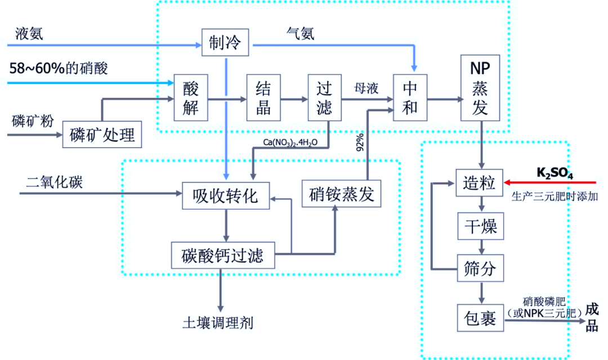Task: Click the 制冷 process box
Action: (225, 42)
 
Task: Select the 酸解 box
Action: (191, 97)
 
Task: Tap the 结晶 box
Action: (263, 97)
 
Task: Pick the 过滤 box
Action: (324, 97)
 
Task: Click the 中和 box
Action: (410, 97)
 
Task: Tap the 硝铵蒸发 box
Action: (342, 195)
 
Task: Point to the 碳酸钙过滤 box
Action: (224, 255)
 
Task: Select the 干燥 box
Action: (479, 226)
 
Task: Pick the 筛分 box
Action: (479, 268)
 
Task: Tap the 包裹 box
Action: (479, 318)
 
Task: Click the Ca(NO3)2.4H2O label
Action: (290, 142)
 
